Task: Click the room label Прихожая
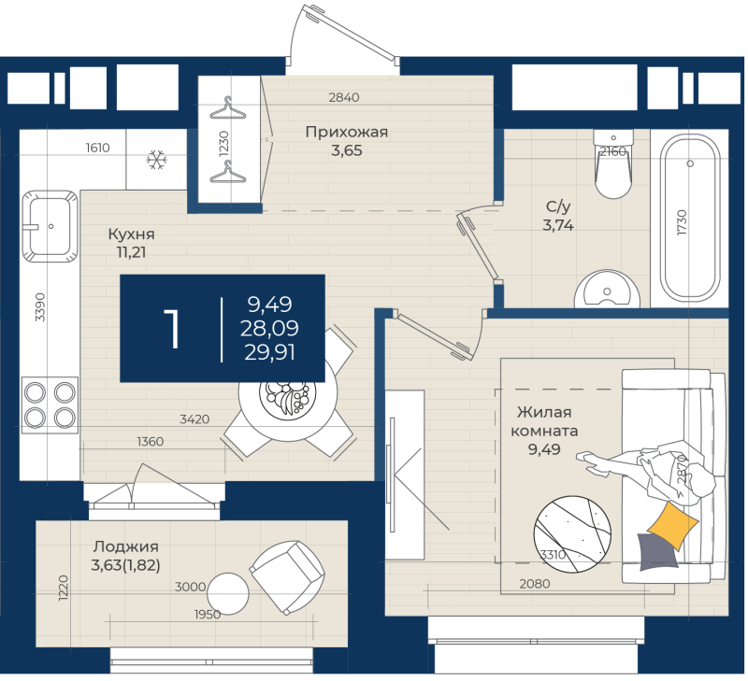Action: tap(346, 132)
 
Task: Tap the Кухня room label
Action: tap(131, 234)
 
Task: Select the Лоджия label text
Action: tap(126, 546)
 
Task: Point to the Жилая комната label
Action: tap(544, 421)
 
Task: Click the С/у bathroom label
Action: tap(558, 206)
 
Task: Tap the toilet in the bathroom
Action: tap(613, 163)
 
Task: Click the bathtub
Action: tap(690, 218)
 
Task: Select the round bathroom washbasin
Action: tap(607, 289)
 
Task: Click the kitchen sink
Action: tap(50, 226)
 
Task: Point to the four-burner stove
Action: tap(50, 405)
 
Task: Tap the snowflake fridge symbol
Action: tap(156, 160)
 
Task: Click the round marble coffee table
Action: tap(572, 533)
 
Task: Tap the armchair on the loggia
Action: tap(287, 577)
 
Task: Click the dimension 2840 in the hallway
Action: tap(344, 97)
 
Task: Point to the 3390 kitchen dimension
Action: tap(40, 307)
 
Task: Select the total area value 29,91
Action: tap(269, 353)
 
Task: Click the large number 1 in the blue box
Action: tap(172, 328)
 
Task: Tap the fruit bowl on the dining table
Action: tap(287, 398)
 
